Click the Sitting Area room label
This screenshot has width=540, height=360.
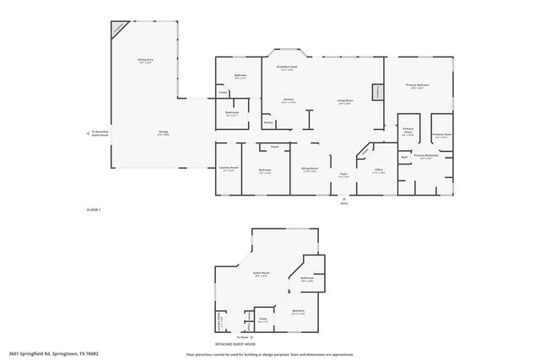(144, 62)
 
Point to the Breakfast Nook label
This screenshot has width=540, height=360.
(287, 67)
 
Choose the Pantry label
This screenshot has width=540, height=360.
(268, 122)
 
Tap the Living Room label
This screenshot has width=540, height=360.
(345, 101)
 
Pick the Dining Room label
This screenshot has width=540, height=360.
(310, 169)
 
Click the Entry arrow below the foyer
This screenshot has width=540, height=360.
(343, 197)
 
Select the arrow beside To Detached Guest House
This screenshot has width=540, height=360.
(89, 132)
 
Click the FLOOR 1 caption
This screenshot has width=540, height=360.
(94, 208)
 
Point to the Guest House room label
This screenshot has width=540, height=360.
(261, 273)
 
